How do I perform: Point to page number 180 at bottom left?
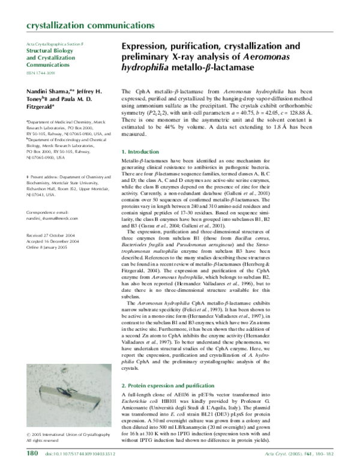click(32, 454)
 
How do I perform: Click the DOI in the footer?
click(84, 455)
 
